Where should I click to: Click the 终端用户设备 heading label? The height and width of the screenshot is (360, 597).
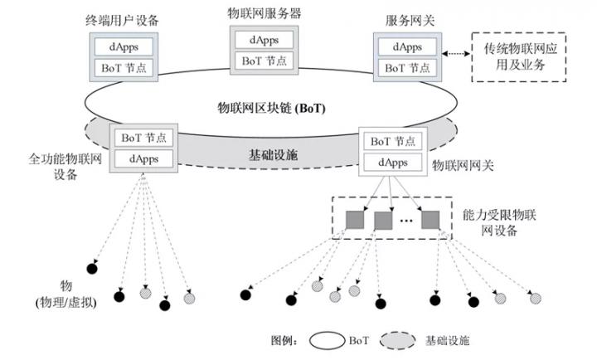tap(122, 20)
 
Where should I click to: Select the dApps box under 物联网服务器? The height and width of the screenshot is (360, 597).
tap(264, 40)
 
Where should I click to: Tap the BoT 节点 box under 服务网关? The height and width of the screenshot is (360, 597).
tap(407, 68)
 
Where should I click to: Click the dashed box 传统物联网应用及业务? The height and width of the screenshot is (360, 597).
tap(519, 57)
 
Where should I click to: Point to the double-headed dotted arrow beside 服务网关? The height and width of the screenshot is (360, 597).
tap(456, 54)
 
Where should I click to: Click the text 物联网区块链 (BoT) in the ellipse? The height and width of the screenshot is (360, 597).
tap(271, 108)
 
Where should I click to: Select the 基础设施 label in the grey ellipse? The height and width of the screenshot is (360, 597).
tap(273, 154)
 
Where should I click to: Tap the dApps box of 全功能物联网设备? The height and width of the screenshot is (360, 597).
tap(143, 158)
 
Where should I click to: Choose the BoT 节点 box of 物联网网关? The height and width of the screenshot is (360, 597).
tap(393, 141)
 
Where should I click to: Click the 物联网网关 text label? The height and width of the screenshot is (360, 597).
tap(463, 165)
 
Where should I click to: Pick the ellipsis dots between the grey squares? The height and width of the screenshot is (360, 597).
tap(406, 221)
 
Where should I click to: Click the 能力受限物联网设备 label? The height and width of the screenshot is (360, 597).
tap(499, 222)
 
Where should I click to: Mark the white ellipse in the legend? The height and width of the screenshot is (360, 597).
tap(327, 341)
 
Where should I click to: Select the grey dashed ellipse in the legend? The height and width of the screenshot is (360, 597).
tap(397, 341)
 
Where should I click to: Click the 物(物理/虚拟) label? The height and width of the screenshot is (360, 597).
tap(66, 294)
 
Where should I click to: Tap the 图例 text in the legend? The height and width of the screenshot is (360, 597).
tap(284, 340)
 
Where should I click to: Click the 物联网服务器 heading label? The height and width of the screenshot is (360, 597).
tap(265, 13)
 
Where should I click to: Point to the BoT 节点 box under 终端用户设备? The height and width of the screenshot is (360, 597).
tap(124, 68)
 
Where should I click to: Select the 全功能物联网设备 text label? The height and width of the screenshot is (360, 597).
tap(66, 167)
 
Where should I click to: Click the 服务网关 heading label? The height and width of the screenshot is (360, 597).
tap(410, 20)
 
